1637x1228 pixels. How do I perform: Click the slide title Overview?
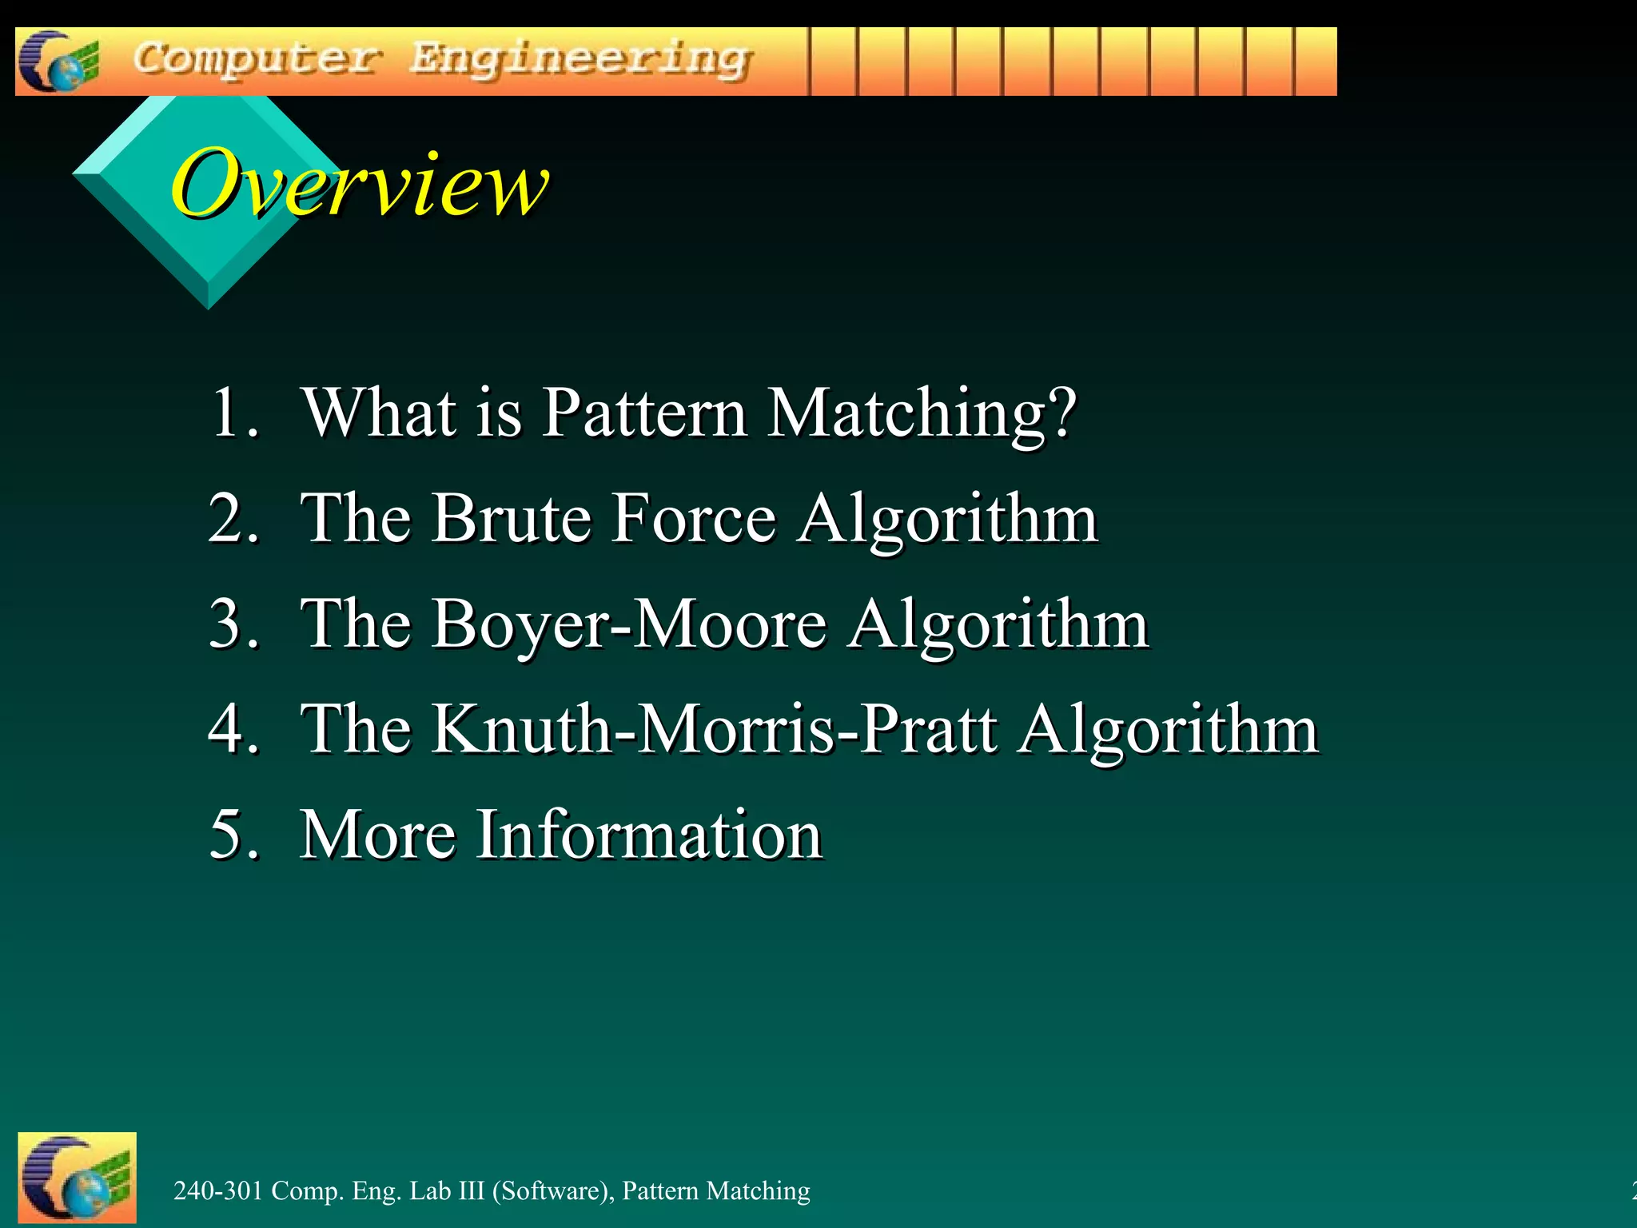pyautogui.click(x=360, y=184)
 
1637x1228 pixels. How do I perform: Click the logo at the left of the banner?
pyautogui.click(x=58, y=62)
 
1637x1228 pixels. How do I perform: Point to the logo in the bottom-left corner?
pyautogui.click(x=77, y=1178)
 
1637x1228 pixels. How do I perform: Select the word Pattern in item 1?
pyautogui.click(x=644, y=413)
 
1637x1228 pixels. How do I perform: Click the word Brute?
pyautogui.click(x=511, y=518)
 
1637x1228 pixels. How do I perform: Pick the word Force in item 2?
pyautogui.click(x=694, y=518)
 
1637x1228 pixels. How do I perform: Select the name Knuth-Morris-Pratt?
pyautogui.click(x=715, y=729)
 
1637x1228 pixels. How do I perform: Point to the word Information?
pyautogui.click(x=649, y=835)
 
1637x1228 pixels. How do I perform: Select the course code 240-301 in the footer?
pyautogui.click(x=218, y=1191)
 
